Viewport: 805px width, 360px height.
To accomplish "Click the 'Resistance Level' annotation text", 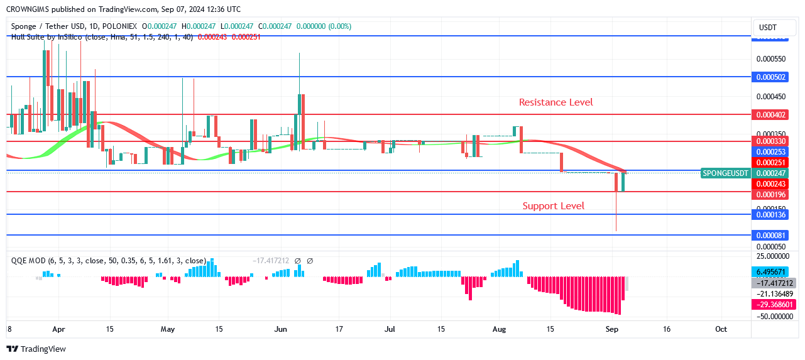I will pyautogui.click(x=556, y=102).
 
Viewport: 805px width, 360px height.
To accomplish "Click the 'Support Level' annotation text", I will pyautogui.click(x=553, y=206).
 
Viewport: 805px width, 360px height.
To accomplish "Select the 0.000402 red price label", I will pyautogui.click(x=771, y=114).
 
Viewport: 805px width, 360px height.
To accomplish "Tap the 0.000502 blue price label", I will pyautogui.click(x=771, y=77).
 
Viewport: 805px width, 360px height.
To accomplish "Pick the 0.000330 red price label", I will pyautogui.click(x=771, y=141).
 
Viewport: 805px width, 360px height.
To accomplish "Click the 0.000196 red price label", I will pyautogui.click(x=771, y=194).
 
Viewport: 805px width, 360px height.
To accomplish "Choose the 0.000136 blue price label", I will pyautogui.click(x=771, y=215).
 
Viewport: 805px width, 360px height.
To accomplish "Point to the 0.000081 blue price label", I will pyautogui.click(x=771, y=235).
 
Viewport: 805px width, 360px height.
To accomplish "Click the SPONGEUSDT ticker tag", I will pyautogui.click(x=726, y=173).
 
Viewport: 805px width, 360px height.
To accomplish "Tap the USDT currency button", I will pyautogui.click(x=768, y=28).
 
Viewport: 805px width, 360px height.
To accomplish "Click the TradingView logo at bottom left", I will pyautogui.click(x=36, y=349).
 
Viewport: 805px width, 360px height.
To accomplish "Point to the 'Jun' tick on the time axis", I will pyautogui.click(x=281, y=329).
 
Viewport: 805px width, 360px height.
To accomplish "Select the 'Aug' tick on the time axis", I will pyautogui.click(x=499, y=329).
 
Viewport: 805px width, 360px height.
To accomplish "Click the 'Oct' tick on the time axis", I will pyautogui.click(x=721, y=329).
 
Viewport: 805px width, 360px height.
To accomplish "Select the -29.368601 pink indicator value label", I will pyautogui.click(x=774, y=304).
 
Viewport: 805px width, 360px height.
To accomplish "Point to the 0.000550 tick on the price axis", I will pyautogui.click(x=770, y=59).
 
